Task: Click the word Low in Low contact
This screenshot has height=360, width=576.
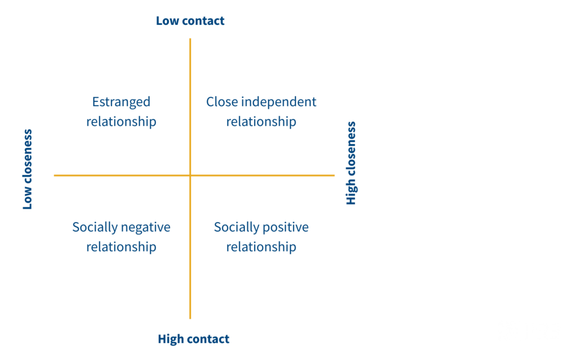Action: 166,21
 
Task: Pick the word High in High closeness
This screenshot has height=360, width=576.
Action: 351,192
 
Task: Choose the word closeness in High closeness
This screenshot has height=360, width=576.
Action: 351,148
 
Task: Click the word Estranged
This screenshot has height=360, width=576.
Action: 121,102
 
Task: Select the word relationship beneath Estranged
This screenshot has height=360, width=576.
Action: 121,121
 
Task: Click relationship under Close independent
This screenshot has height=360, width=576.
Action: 261,121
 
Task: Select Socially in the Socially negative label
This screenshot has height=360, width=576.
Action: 94,227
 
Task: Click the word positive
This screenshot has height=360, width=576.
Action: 286,227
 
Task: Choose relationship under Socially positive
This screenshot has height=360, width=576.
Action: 261,247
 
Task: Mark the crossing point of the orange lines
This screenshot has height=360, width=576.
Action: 190,175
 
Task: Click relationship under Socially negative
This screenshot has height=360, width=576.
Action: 121,247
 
